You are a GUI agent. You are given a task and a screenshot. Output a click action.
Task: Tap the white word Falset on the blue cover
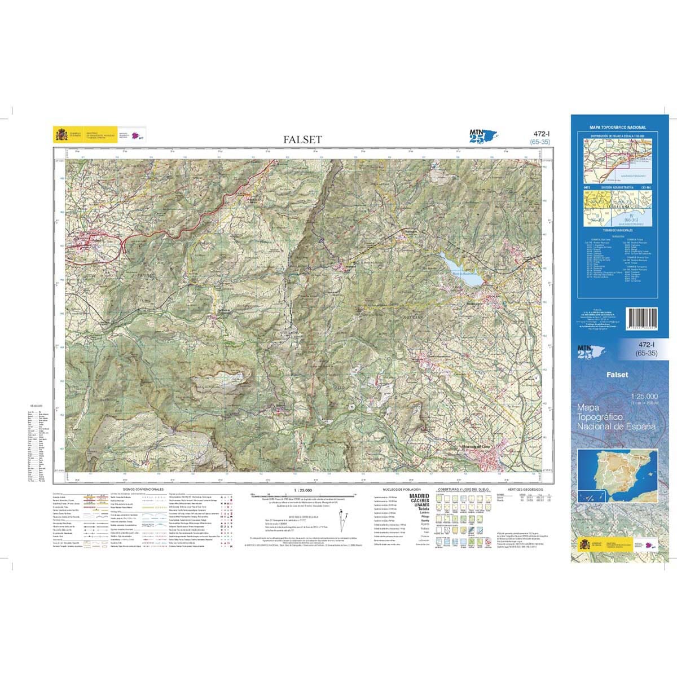point(617,375)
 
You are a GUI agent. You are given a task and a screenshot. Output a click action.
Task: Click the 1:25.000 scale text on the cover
point(645,396)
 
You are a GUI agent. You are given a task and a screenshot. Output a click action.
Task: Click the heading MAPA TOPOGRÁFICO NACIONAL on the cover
point(618,128)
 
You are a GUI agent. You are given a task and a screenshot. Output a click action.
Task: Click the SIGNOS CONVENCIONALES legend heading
point(143,490)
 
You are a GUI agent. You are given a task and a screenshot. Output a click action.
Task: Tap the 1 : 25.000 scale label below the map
point(303,490)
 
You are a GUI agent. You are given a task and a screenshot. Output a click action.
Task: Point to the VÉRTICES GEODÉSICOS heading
point(525,490)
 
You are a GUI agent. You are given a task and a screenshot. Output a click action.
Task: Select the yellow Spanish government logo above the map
point(60,135)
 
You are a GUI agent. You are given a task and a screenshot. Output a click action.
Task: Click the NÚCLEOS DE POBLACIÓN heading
point(401,490)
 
